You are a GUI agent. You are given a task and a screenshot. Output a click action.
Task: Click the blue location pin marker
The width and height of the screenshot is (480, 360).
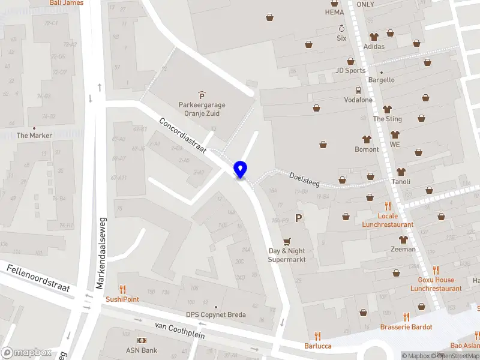[x=241, y=170]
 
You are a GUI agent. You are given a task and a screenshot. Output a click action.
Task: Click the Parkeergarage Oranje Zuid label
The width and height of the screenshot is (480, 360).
[x=201, y=108]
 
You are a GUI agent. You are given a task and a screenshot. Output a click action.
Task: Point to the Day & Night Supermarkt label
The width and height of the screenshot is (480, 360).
[x=286, y=255]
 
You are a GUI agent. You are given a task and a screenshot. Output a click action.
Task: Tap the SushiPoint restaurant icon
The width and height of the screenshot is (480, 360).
[x=122, y=289]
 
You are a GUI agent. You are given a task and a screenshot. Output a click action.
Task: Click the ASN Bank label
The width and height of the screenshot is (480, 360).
[x=141, y=350]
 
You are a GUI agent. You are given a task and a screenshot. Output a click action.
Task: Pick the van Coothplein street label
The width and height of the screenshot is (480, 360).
[x=176, y=329]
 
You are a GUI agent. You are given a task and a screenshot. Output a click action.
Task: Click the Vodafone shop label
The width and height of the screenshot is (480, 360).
[x=358, y=100]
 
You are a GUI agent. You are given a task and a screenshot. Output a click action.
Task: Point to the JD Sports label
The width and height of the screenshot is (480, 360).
[x=350, y=70]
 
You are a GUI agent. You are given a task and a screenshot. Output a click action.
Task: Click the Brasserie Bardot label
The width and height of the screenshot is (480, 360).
[x=406, y=327]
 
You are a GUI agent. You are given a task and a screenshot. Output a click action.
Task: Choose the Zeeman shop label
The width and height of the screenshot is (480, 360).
[x=403, y=249]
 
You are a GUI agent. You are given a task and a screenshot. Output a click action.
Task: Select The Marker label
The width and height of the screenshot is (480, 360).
[x=34, y=136]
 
